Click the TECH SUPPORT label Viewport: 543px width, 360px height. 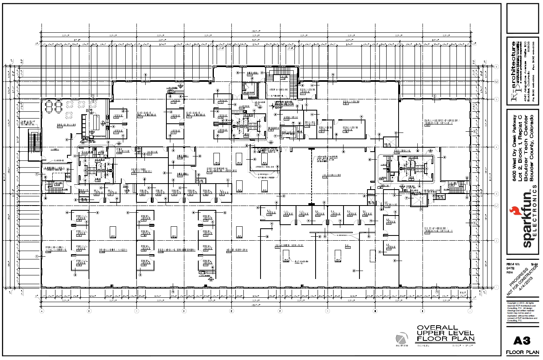click(237, 250)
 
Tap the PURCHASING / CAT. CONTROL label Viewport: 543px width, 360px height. click(55, 249)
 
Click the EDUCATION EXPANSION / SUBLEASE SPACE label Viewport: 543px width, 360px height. click(441, 122)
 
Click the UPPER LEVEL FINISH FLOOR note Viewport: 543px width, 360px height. click(284, 105)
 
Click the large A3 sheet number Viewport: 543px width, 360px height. click(522, 340)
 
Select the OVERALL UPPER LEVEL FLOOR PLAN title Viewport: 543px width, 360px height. click(445, 333)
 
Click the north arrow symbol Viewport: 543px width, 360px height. click(402, 339)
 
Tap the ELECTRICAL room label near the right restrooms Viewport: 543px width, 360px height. click(403, 151)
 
